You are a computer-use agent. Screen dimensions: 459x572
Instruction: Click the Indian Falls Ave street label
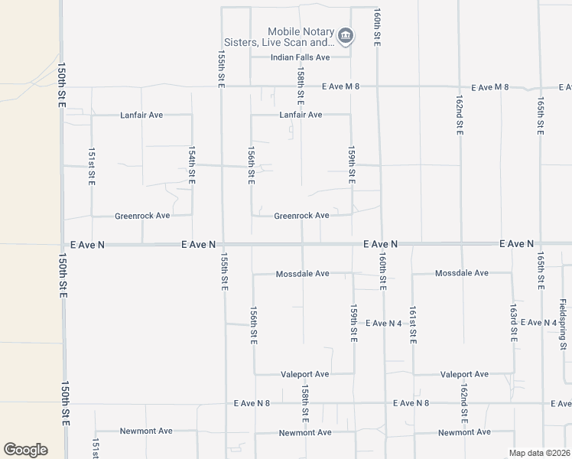[301, 57]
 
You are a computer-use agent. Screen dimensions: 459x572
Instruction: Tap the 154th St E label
[192, 165]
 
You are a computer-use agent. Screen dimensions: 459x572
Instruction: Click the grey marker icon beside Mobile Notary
[346, 35]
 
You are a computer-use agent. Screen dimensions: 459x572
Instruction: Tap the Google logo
[25, 450]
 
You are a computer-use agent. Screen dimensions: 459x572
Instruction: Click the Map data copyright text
[540, 453]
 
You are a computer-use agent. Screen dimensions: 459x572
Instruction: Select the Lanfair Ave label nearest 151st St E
[141, 115]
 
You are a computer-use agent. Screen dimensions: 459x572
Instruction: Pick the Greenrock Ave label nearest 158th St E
[301, 216]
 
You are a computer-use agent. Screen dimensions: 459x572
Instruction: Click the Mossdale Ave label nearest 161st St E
[461, 273]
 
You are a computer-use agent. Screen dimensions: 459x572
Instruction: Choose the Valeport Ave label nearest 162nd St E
[464, 374]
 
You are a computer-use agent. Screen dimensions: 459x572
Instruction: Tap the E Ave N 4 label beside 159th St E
[384, 324]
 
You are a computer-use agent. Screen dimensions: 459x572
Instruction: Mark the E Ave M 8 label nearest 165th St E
[490, 87]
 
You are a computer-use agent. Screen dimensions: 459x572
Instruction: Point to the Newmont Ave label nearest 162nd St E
[464, 432]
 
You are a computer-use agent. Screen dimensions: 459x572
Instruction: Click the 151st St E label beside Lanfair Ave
[91, 165]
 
